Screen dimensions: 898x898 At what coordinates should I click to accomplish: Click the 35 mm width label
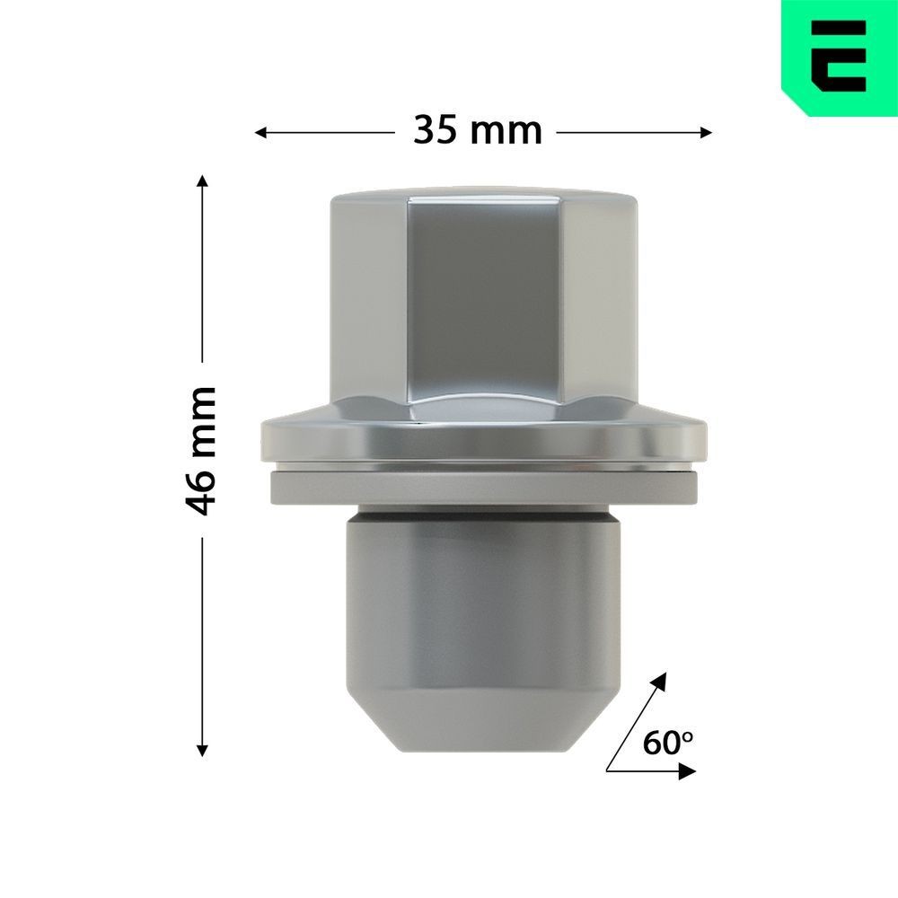pos(478,131)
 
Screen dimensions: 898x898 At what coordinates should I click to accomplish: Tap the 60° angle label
pos(668,743)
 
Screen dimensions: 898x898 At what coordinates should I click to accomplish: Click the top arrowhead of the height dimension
pos(203,183)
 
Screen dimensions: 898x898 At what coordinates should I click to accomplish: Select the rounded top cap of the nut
pos(484,195)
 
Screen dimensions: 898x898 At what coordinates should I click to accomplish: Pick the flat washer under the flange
pos(482,489)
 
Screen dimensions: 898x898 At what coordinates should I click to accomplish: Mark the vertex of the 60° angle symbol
pos(608,770)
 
